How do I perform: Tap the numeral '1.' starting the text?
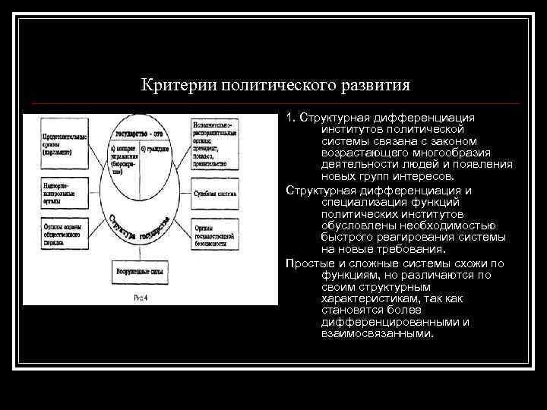(291, 118)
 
